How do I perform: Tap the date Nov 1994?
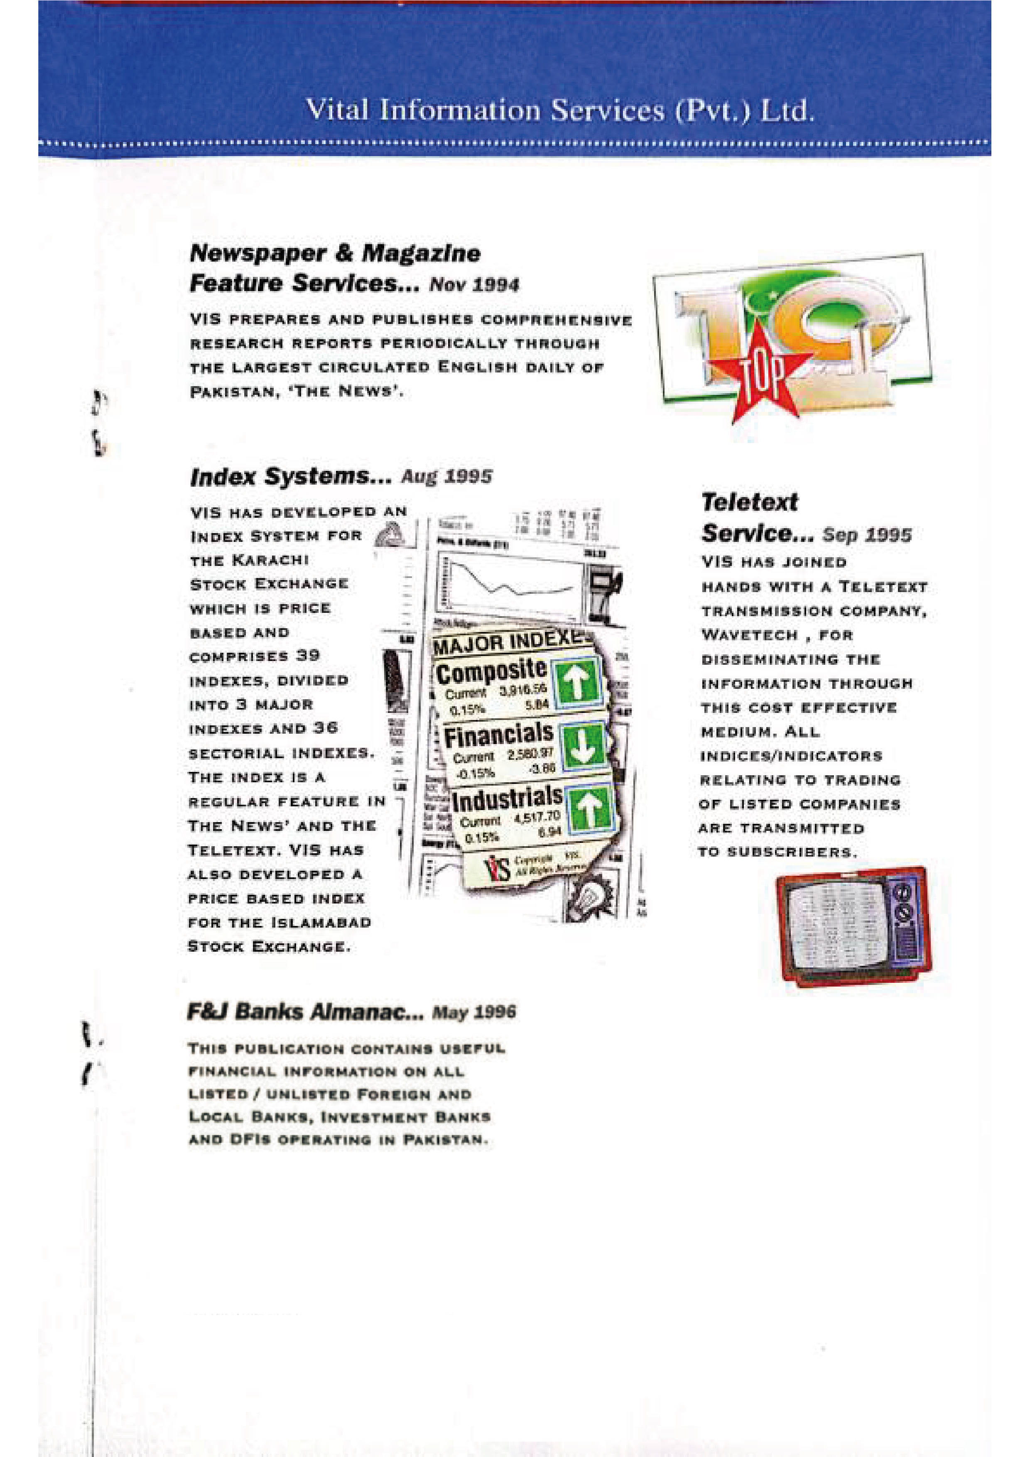tap(474, 285)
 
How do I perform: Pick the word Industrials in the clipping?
tap(506, 799)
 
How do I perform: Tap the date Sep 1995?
tap(866, 535)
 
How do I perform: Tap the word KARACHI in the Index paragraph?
tap(270, 560)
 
